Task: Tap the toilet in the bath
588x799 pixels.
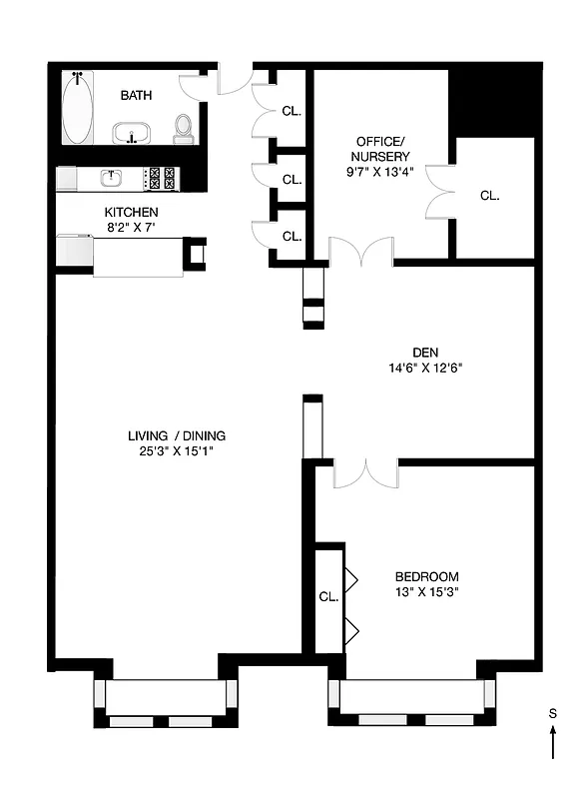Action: [x=183, y=128]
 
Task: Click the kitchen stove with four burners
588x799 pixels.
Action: [x=162, y=178]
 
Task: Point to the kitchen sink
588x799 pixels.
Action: [x=112, y=178]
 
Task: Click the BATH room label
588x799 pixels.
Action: [x=136, y=96]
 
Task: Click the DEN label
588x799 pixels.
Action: [x=424, y=351]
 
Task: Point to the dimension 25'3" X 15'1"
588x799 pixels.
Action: [x=176, y=451]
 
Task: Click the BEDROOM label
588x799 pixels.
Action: [x=426, y=576]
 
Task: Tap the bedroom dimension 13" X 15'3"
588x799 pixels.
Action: [x=426, y=592]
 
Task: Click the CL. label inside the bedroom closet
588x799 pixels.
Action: [x=328, y=596]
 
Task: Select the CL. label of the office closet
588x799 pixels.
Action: [x=489, y=196]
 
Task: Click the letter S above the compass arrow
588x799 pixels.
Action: [x=552, y=713]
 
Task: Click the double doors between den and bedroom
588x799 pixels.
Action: [x=364, y=474]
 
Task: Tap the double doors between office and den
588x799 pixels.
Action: [x=360, y=253]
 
